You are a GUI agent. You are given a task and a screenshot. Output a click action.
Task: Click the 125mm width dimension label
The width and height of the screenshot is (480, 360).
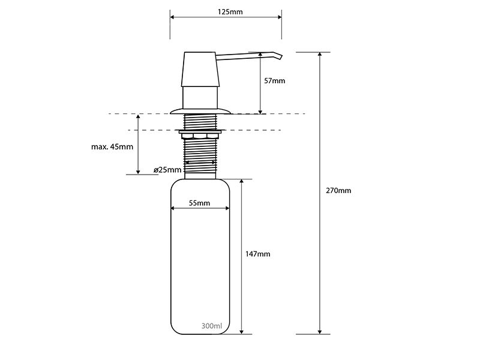point(230,12)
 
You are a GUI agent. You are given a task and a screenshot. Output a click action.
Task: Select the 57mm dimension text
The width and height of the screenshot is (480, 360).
point(275,81)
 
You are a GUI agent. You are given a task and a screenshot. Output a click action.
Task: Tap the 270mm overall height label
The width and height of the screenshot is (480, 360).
point(338,190)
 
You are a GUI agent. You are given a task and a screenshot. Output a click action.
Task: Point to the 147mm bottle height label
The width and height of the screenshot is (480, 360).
point(258,254)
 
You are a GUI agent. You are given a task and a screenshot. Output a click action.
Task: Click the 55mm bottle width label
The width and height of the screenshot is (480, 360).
point(200,203)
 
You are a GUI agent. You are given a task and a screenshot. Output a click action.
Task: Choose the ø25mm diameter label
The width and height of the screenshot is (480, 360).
point(167,170)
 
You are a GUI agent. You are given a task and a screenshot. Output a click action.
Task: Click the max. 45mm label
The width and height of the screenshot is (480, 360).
point(112,146)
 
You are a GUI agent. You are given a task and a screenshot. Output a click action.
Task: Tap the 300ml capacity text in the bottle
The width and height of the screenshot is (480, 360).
point(212,326)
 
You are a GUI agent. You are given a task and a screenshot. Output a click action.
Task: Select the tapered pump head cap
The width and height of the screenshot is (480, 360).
point(200,69)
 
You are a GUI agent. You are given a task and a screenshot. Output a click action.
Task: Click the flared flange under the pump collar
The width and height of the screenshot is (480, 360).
point(200,111)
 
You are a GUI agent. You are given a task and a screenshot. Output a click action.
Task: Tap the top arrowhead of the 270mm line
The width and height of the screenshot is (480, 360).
point(320,54)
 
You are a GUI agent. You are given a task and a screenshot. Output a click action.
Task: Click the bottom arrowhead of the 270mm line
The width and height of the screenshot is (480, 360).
point(320,332)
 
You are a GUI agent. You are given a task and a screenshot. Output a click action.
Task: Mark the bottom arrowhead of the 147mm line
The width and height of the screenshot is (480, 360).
point(242,332)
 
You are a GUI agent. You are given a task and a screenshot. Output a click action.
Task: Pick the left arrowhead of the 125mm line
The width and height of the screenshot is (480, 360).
point(172,17)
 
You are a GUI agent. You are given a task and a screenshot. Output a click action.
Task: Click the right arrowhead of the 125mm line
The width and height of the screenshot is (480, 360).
point(280,17)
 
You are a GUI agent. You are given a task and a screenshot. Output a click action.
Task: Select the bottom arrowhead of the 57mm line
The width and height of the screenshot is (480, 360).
point(260,112)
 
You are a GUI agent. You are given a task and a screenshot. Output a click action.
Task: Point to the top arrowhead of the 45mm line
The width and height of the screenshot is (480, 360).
point(138,116)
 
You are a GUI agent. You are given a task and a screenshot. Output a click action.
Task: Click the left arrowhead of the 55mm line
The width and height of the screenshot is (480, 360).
point(173,208)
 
